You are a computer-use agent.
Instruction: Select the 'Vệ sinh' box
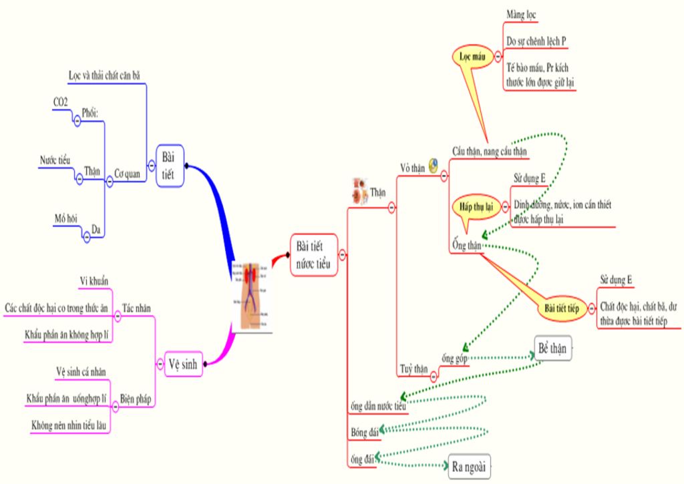click(183, 364)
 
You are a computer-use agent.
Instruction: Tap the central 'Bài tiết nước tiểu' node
click(313, 254)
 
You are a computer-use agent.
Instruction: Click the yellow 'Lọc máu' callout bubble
click(472, 57)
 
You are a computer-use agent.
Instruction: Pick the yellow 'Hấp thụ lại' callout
click(476, 206)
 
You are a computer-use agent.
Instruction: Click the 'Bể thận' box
click(553, 348)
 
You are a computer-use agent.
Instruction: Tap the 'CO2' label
click(60, 102)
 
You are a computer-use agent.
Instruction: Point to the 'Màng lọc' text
click(521, 14)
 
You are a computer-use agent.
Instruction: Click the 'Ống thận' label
click(466, 245)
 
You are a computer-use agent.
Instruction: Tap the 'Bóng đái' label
click(365, 432)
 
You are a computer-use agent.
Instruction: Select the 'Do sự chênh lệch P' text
click(536, 41)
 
